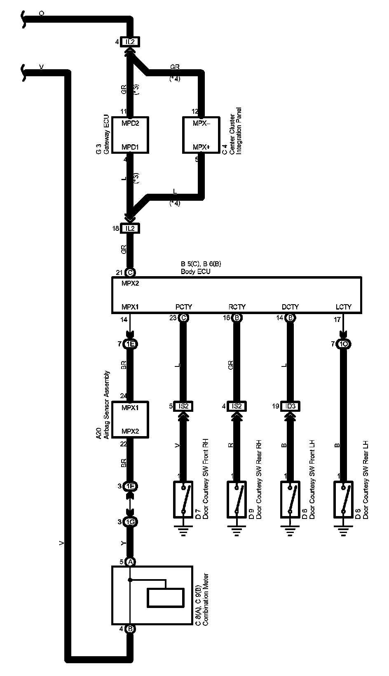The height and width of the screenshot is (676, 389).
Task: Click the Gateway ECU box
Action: pyautogui.click(x=130, y=135)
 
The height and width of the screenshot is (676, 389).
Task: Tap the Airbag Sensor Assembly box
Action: pyautogui.click(x=130, y=420)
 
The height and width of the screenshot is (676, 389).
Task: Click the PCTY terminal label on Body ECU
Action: pyautogui.click(x=183, y=307)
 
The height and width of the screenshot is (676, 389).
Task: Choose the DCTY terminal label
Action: pyautogui.click(x=290, y=307)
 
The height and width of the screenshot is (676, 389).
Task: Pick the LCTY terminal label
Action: pyautogui.click(x=343, y=307)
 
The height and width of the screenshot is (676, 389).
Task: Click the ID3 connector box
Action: pyautogui.click(x=290, y=406)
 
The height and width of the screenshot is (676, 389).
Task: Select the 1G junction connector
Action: pyautogui.click(x=130, y=522)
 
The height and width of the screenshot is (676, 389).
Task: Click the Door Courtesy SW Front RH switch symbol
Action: pyautogui.click(x=183, y=499)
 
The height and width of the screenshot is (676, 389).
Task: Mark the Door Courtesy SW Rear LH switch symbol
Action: pyautogui.click(x=343, y=499)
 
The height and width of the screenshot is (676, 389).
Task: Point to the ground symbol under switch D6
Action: pyautogui.click(x=290, y=532)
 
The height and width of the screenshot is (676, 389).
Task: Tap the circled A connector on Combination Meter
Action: pyautogui.click(x=130, y=561)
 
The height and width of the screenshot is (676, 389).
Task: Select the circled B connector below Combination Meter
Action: pyautogui.click(x=130, y=629)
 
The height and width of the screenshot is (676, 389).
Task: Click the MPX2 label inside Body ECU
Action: pyautogui.click(x=130, y=284)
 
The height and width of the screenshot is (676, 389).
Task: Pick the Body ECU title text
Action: pyautogui.click(x=196, y=272)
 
